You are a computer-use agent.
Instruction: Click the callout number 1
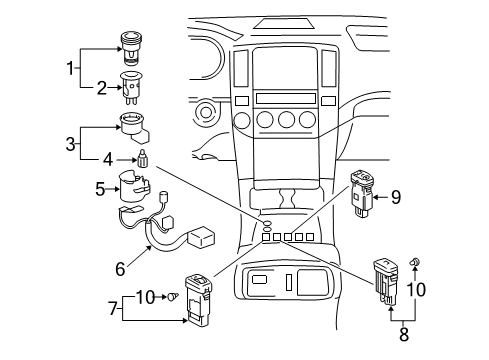click(71, 68)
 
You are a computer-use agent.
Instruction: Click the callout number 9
click(394, 197)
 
